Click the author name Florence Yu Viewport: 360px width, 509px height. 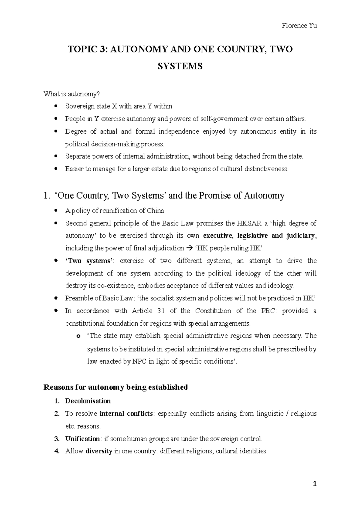pos(299,26)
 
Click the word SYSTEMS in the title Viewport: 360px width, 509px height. pos(180,66)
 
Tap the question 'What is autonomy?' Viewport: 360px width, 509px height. pos(71,94)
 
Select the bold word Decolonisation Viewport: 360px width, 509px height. pos(88,401)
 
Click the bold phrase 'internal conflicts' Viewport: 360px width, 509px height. pos(126,414)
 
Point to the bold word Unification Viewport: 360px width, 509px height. pos(82,439)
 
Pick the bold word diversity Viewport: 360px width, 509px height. pos(99,451)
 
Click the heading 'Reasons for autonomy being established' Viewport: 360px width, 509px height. pos(115,387)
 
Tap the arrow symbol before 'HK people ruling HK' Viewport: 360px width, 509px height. pos(190,248)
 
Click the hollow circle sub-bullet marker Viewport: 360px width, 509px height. pos(79,336)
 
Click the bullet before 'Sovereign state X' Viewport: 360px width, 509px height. pos(56,106)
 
